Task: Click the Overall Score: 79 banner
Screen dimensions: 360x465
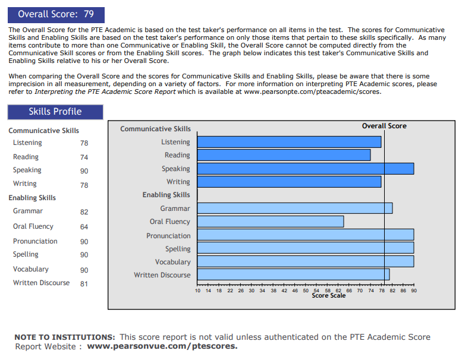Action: point(56,14)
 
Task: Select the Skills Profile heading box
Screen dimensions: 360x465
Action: point(55,112)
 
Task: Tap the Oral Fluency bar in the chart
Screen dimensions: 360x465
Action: point(271,222)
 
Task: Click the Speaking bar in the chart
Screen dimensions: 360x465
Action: point(305,169)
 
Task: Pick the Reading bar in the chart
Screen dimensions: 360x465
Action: point(284,155)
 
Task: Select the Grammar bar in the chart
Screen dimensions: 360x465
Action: point(294,209)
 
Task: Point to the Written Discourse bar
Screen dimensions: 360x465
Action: point(293,274)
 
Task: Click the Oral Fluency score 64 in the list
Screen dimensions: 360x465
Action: point(84,227)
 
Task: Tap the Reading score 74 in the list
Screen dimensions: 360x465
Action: point(84,157)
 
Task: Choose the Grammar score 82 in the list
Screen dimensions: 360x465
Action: point(84,212)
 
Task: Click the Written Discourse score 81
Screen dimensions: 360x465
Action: point(84,284)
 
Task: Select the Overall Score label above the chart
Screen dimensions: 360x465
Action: point(384,126)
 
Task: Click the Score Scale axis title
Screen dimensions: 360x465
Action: point(328,296)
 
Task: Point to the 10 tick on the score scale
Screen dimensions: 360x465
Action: point(197,290)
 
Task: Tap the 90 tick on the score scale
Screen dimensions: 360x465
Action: point(413,290)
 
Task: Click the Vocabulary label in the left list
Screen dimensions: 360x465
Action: point(31,269)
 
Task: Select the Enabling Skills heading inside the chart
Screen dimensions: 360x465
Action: point(166,195)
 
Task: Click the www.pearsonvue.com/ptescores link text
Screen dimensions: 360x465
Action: point(162,346)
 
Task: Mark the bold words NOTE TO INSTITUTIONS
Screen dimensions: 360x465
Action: point(64,337)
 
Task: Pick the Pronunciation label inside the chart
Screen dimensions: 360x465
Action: point(168,236)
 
